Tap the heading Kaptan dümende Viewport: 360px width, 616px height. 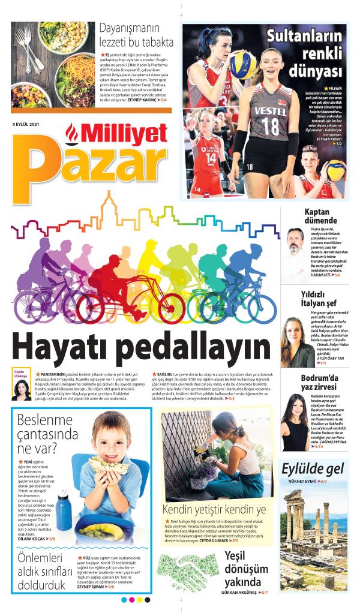(x=320, y=216)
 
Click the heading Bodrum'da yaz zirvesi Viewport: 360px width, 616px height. (x=320, y=382)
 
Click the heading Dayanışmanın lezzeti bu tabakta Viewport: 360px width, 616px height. (x=136, y=35)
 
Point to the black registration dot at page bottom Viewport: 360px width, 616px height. (x=147, y=599)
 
